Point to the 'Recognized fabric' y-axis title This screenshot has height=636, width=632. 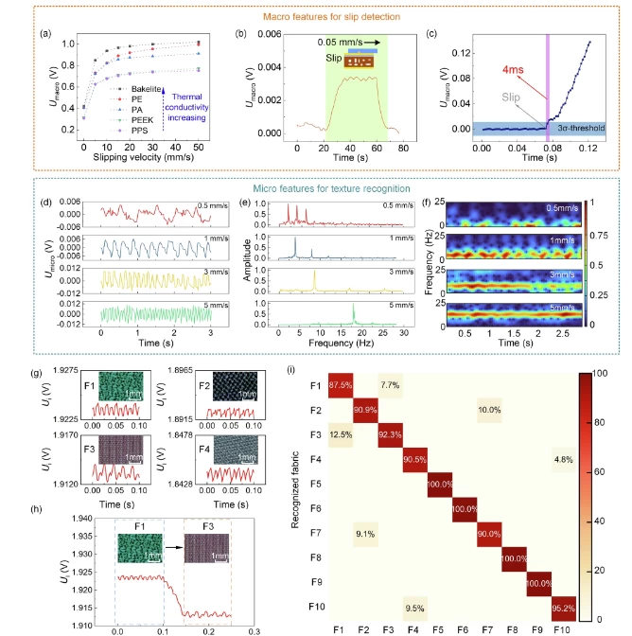(294, 492)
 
